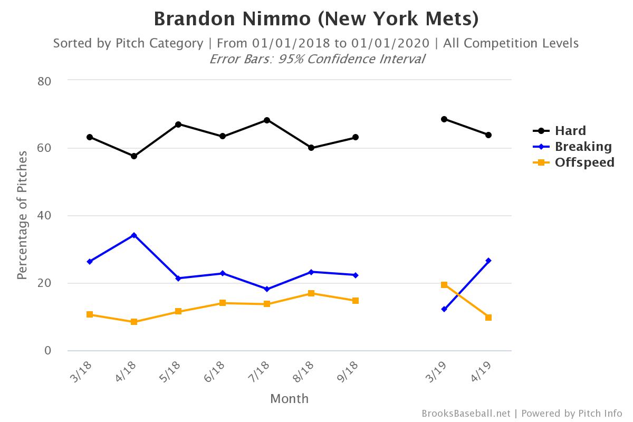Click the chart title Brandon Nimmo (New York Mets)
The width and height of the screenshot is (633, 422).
tap(316, 19)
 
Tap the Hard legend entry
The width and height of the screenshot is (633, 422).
tap(570, 131)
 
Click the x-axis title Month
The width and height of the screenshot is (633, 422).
tap(289, 399)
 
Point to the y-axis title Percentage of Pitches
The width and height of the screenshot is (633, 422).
tap(22, 215)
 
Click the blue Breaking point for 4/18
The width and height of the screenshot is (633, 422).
tap(134, 235)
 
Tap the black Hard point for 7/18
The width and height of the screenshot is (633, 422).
tap(267, 120)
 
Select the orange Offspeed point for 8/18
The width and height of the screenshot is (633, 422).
tap(311, 293)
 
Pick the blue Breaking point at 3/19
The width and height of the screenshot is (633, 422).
tap(444, 309)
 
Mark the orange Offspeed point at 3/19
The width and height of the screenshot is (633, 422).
tap(444, 285)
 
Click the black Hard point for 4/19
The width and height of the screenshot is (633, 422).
tap(488, 135)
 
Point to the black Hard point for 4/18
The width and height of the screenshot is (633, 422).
tap(134, 156)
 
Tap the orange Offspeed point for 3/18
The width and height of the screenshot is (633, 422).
tap(90, 314)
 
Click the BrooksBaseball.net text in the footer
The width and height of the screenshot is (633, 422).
tap(466, 414)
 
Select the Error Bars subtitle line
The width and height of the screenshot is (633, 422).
tap(316, 59)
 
